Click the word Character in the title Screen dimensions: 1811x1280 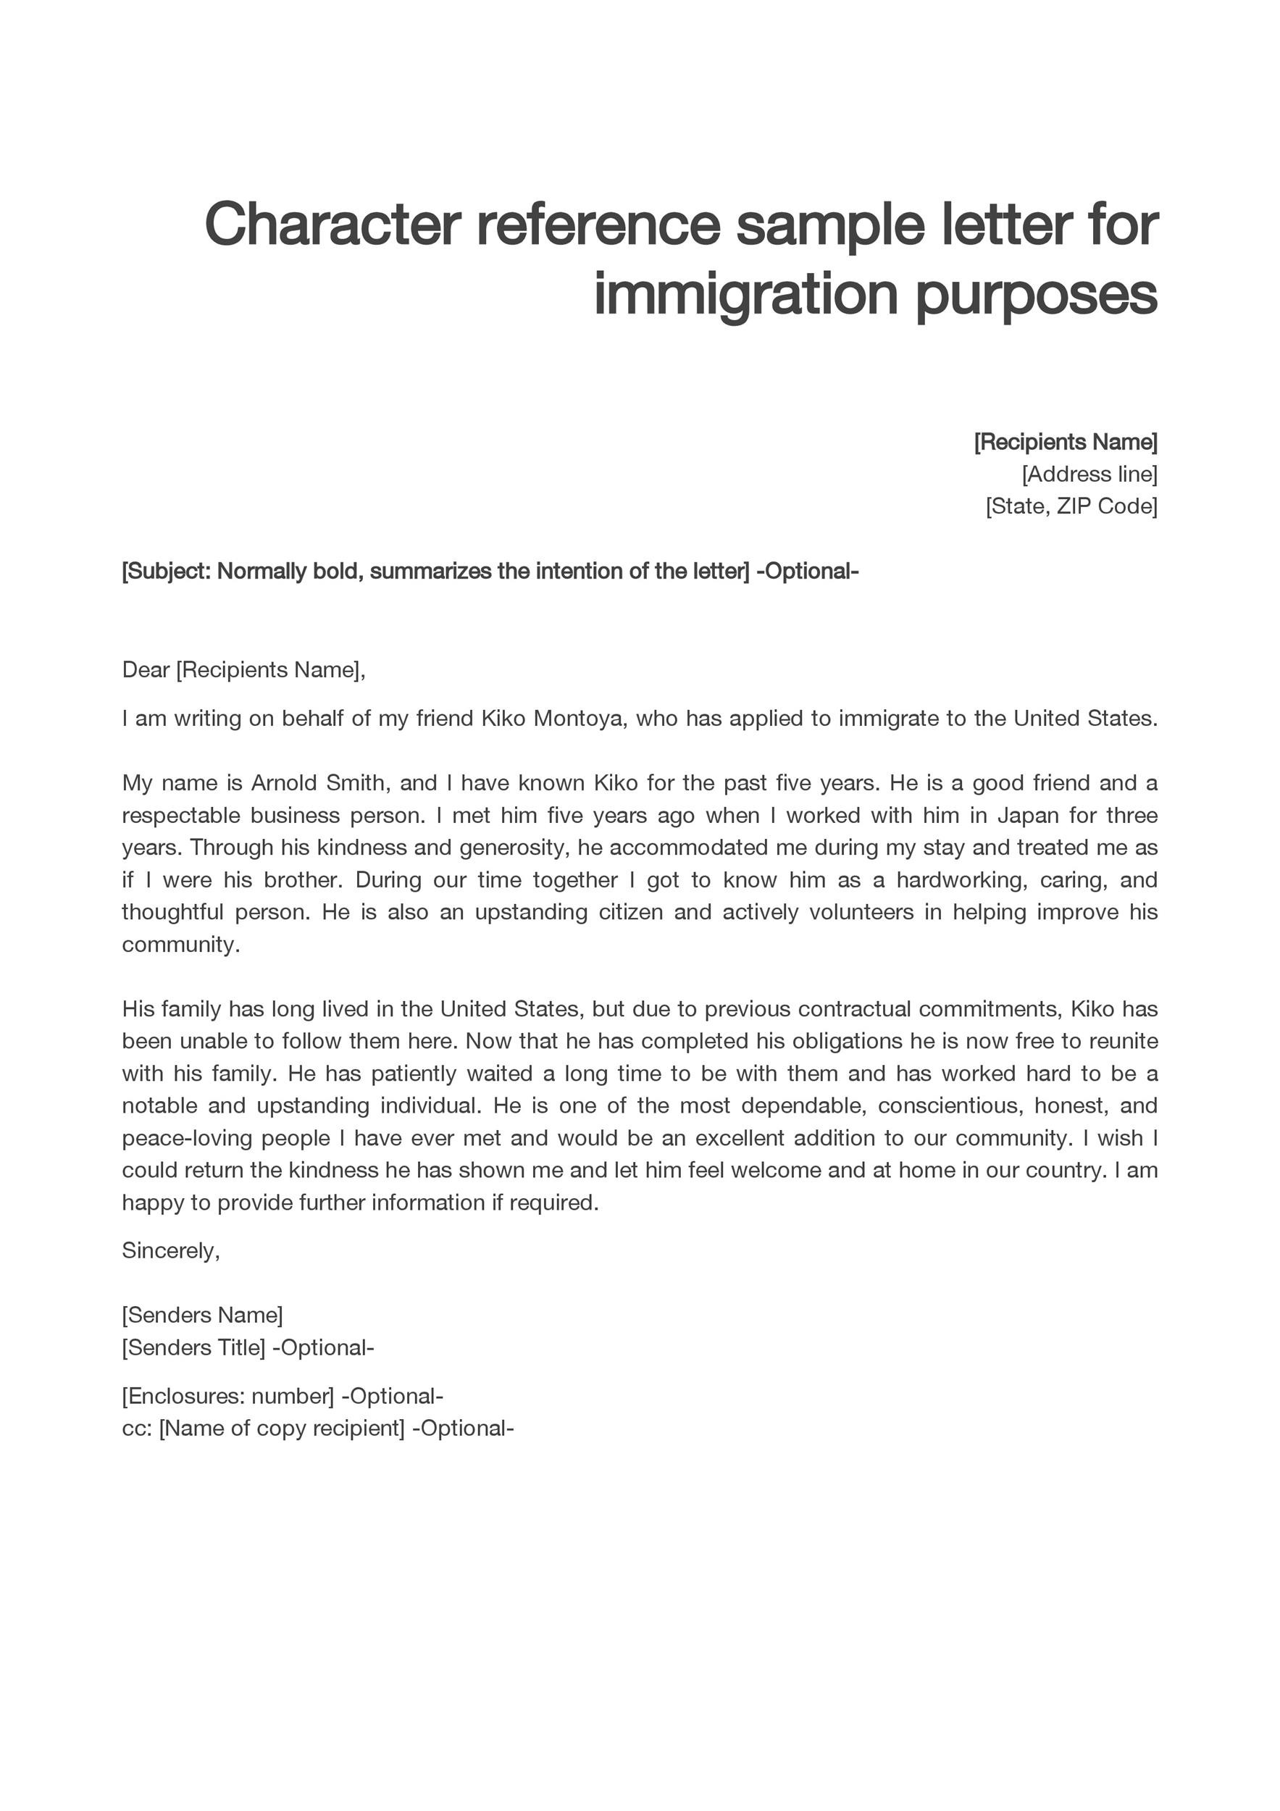point(332,225)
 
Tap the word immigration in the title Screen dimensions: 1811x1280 point(745,294)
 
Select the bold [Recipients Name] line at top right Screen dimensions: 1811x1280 point(1066,442)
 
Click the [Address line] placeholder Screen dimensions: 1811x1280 point(1089,474)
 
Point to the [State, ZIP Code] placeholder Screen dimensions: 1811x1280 point(1071,506)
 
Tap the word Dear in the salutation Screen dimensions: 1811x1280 point(146,669)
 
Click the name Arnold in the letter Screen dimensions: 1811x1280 point(283,783)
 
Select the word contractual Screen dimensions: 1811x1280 point(854,1010)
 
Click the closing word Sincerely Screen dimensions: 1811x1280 point(170,1251)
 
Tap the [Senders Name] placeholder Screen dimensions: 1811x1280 point(202,1315)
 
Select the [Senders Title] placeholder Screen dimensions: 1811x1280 point(193,1347)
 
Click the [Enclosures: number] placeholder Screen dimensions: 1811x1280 point(228,1396)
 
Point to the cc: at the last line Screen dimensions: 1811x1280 point(135,1429)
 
